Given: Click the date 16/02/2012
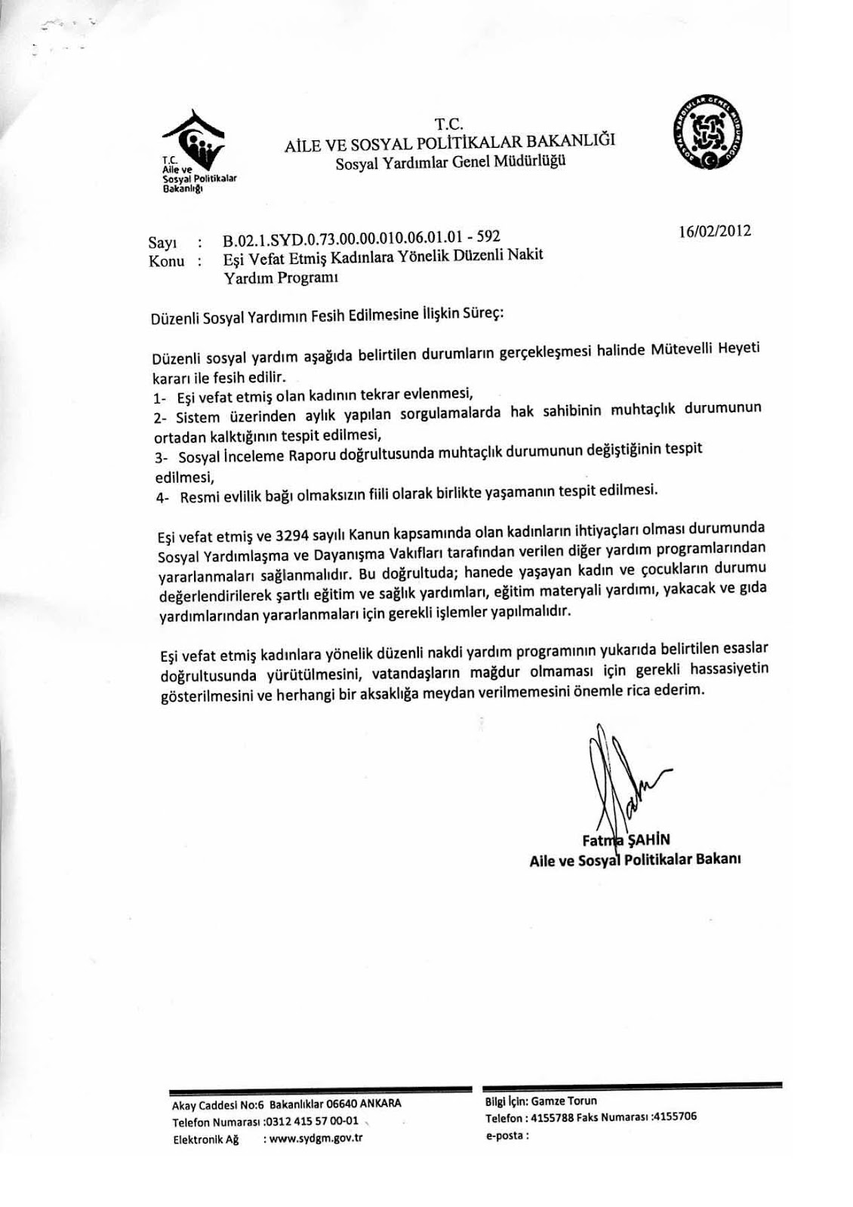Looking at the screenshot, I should [714, 231].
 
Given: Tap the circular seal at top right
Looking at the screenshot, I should [707, 132].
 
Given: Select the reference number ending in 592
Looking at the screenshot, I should [362, 240].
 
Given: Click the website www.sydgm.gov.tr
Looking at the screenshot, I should [317, 1138].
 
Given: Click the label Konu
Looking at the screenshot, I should [166, 262].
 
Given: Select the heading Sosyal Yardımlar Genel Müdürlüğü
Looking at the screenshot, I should [451, 161].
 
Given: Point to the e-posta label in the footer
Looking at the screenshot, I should [506, 1134].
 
